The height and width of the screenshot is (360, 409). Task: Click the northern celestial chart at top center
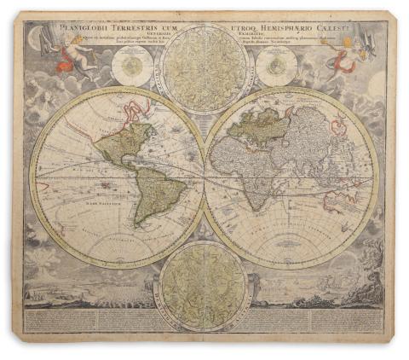204,68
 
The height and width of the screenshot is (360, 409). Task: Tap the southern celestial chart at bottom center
204,284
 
